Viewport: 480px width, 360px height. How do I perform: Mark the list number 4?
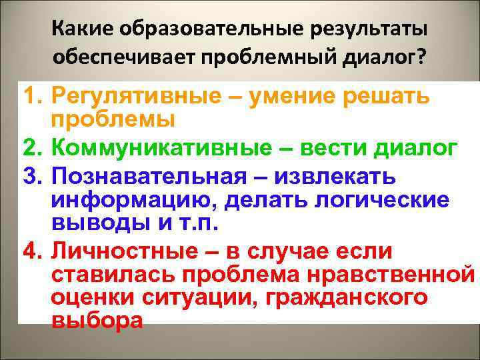(33, 252)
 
